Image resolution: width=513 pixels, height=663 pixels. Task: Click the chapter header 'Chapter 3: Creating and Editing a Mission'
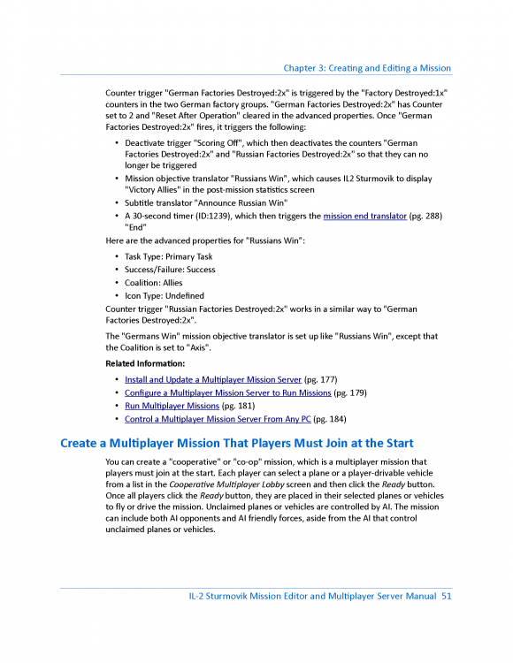[367, 68]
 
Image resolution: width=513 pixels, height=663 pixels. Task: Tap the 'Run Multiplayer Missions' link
[172, 405]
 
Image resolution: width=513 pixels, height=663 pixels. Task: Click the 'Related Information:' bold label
[145, 363]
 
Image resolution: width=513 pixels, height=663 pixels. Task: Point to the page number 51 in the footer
[446, 598]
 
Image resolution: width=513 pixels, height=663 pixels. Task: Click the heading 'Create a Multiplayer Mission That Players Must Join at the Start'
[236, 443]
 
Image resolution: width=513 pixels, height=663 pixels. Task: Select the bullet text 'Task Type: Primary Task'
[168, 256]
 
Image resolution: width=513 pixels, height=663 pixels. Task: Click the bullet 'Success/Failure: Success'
[170, 270]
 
